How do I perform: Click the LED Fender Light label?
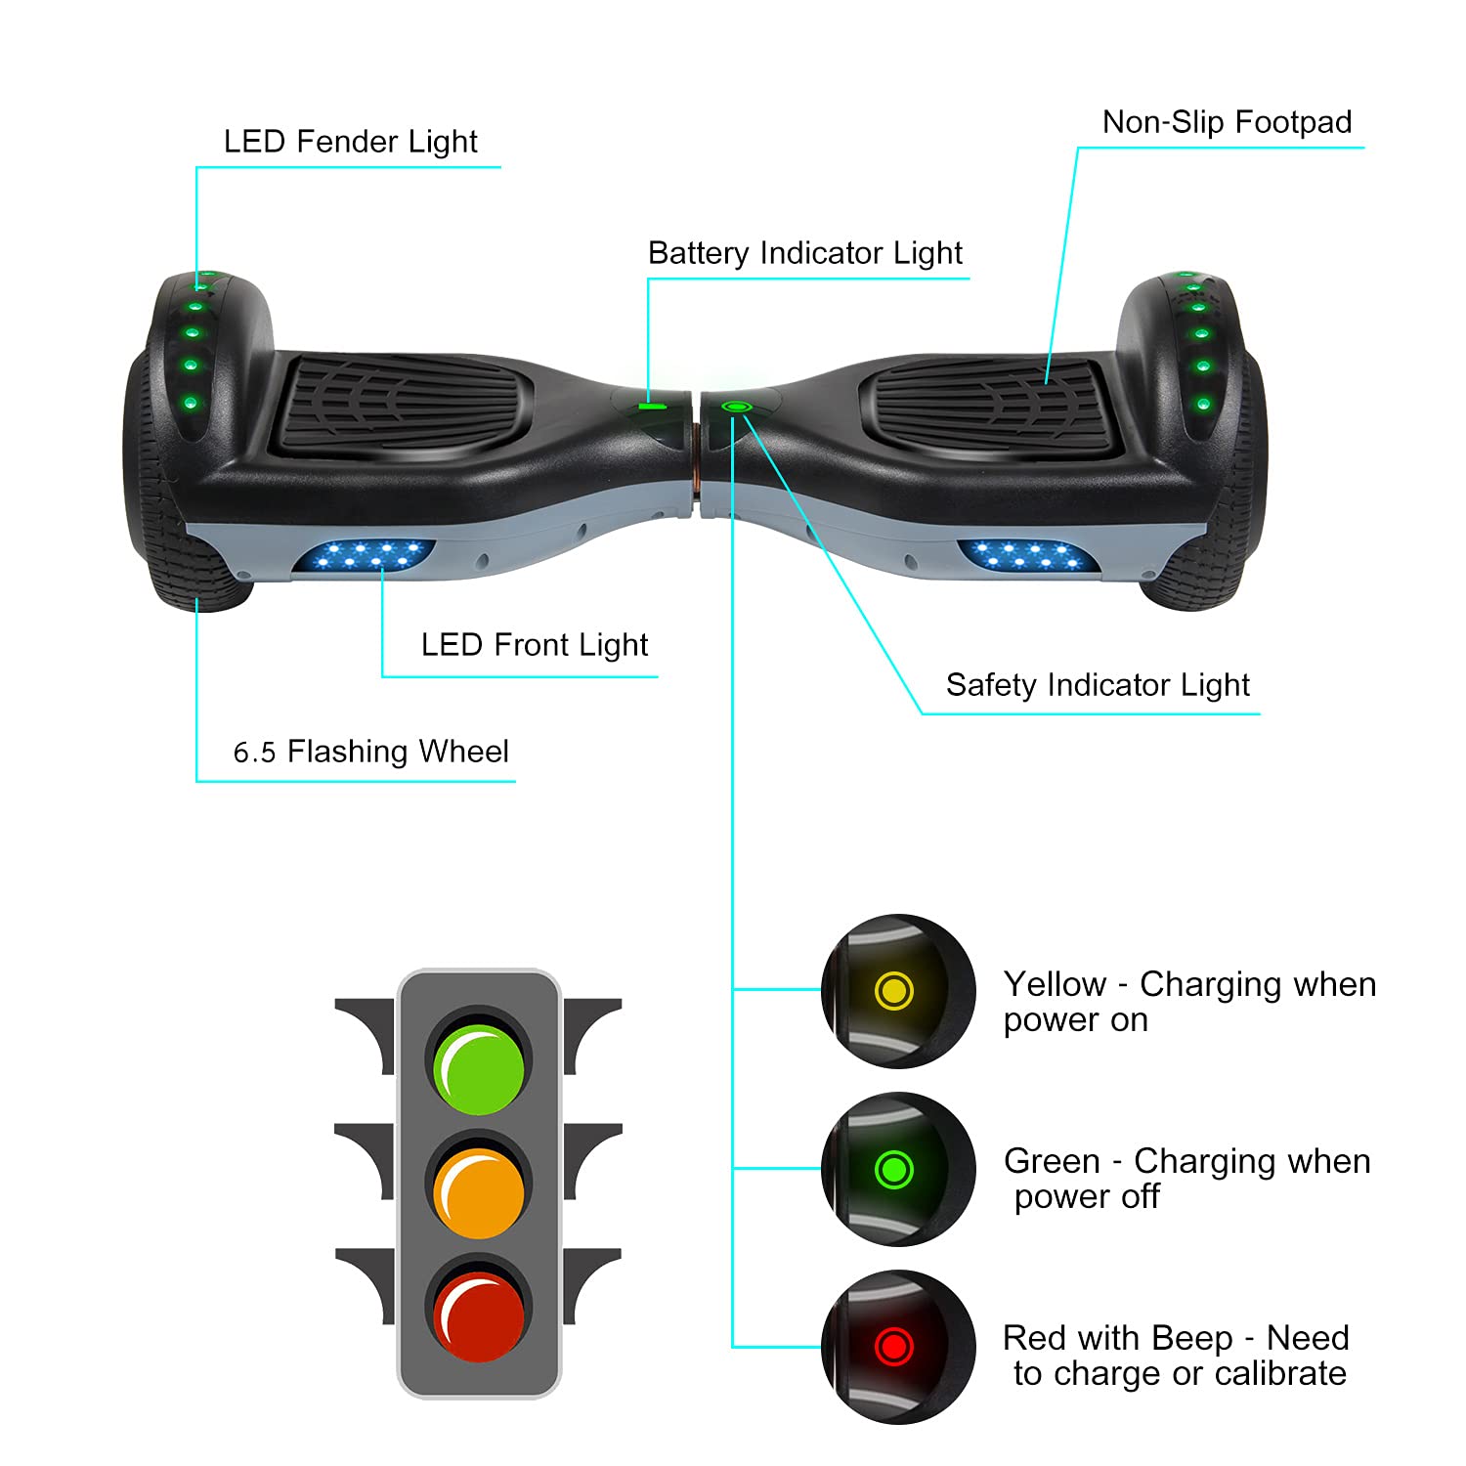tap(350, 142)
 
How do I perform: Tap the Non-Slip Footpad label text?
tap(1227, 122)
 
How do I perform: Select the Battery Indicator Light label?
tap(804, 253)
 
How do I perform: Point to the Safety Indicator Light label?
tap(1097, 685)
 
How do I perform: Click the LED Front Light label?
tap(534, 645)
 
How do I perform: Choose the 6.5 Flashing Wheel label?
tap(370, 752)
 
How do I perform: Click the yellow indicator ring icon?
tap(893, 990)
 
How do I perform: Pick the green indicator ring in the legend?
tap(893, 1168)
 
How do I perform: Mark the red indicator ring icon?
tap(893, 1346)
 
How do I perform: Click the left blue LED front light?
tap(364, 556)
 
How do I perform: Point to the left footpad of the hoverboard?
tap(401, 403)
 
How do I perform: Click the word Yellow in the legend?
tap(1055, 984)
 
